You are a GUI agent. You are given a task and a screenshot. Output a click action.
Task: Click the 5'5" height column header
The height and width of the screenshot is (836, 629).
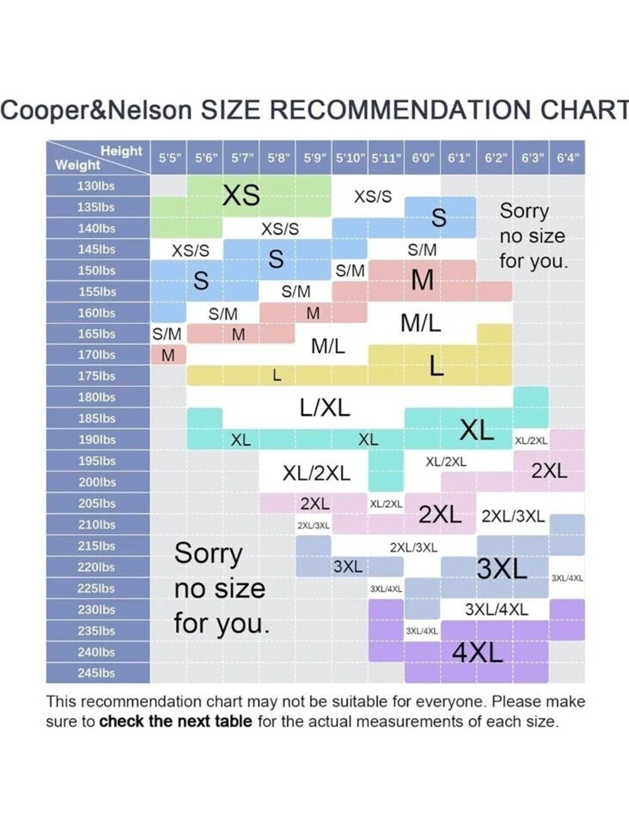[170, 158]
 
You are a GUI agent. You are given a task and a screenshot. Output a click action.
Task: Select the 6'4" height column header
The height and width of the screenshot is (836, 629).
[568, 158]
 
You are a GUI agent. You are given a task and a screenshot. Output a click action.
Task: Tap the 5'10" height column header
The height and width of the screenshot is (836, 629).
[350, 158]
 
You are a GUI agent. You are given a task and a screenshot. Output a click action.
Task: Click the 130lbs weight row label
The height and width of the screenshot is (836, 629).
[96, 186]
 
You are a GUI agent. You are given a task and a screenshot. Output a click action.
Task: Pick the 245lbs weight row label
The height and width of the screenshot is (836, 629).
[96, 673]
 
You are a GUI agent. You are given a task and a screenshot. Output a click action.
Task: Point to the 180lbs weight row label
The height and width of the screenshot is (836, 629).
[97, 398]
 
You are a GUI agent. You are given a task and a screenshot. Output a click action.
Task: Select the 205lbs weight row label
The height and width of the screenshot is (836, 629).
[97, 503]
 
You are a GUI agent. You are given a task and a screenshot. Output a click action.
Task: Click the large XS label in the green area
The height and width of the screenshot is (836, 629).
[241, 196]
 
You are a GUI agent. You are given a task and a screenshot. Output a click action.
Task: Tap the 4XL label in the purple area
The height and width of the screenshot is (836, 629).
[477, 653]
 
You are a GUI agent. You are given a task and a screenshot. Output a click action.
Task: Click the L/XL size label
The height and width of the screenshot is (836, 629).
[325, 408]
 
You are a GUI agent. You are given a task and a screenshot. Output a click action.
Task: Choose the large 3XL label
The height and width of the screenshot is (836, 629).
[502, 569]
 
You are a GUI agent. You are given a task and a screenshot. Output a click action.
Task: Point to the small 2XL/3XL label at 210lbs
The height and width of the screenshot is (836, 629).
[313, 526]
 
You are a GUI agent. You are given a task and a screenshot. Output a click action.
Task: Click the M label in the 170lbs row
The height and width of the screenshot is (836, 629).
[168, 355]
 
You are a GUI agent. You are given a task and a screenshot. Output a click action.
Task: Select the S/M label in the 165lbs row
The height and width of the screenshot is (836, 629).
[167, 334]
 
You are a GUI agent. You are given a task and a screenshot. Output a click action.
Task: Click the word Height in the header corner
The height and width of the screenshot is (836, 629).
[121, 151]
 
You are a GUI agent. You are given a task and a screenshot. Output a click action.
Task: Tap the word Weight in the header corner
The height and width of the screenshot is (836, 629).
[77, 165]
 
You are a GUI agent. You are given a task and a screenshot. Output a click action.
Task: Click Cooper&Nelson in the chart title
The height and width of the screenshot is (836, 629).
[96, 111]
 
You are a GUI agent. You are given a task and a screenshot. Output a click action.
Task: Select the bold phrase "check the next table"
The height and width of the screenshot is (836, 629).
[175, 722]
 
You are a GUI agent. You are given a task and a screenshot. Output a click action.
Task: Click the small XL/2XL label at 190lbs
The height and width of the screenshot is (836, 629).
[531, 441]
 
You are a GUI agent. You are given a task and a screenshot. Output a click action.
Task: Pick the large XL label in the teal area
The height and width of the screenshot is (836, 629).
[476, 430]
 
